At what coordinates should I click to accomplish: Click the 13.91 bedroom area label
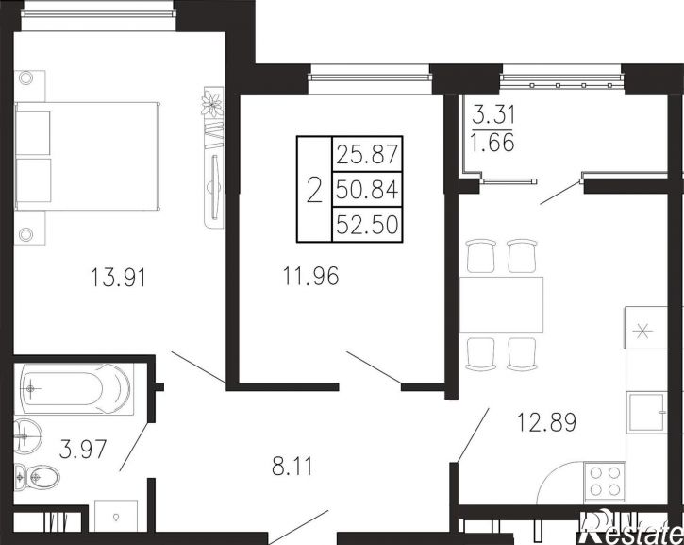click(x=118, y=278)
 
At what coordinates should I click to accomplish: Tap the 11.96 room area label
click(x=310, y=276)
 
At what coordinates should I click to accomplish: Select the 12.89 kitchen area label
click(x=546, y=422)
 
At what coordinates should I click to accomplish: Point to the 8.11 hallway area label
click(x=292, y=466)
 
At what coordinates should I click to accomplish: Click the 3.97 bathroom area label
click(x=83, y=450)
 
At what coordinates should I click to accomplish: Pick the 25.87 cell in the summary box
click(x=367, y=154)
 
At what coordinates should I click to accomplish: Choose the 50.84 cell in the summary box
click(x=367, y=190)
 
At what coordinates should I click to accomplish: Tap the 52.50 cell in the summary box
click(x=367, y=225)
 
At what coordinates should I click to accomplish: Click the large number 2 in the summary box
click(x=314, y=190)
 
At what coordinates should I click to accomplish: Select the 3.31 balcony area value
click(x=493, y=116)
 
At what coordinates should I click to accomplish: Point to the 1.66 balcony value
click(x=492, y=143)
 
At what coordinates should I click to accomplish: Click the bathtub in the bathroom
click(x=74, y=388)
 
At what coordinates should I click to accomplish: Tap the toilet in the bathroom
click(x=37, y=478)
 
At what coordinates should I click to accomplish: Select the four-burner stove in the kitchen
click(x=604, y=482)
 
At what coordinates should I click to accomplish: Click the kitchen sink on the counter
click(x=646, y=413)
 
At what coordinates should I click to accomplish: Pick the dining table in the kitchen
click(x=501, y=305)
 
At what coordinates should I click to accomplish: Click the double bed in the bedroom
click(x=87, y=157)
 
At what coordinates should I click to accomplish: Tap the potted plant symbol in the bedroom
click(x=212, y=104)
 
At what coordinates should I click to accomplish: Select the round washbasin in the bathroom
click(x=28, y=435)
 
